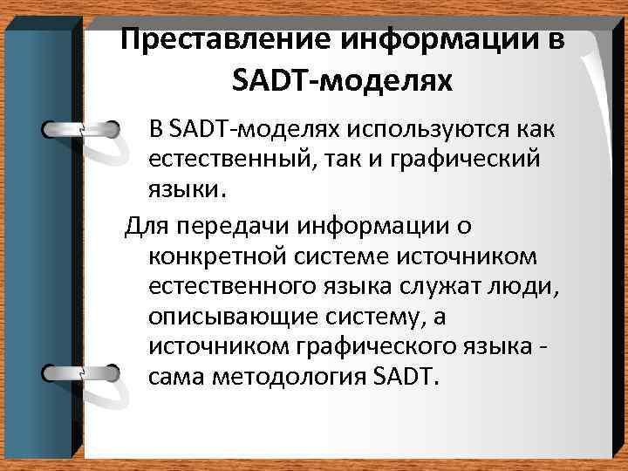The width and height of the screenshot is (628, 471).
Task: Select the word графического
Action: tap(379, 347)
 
